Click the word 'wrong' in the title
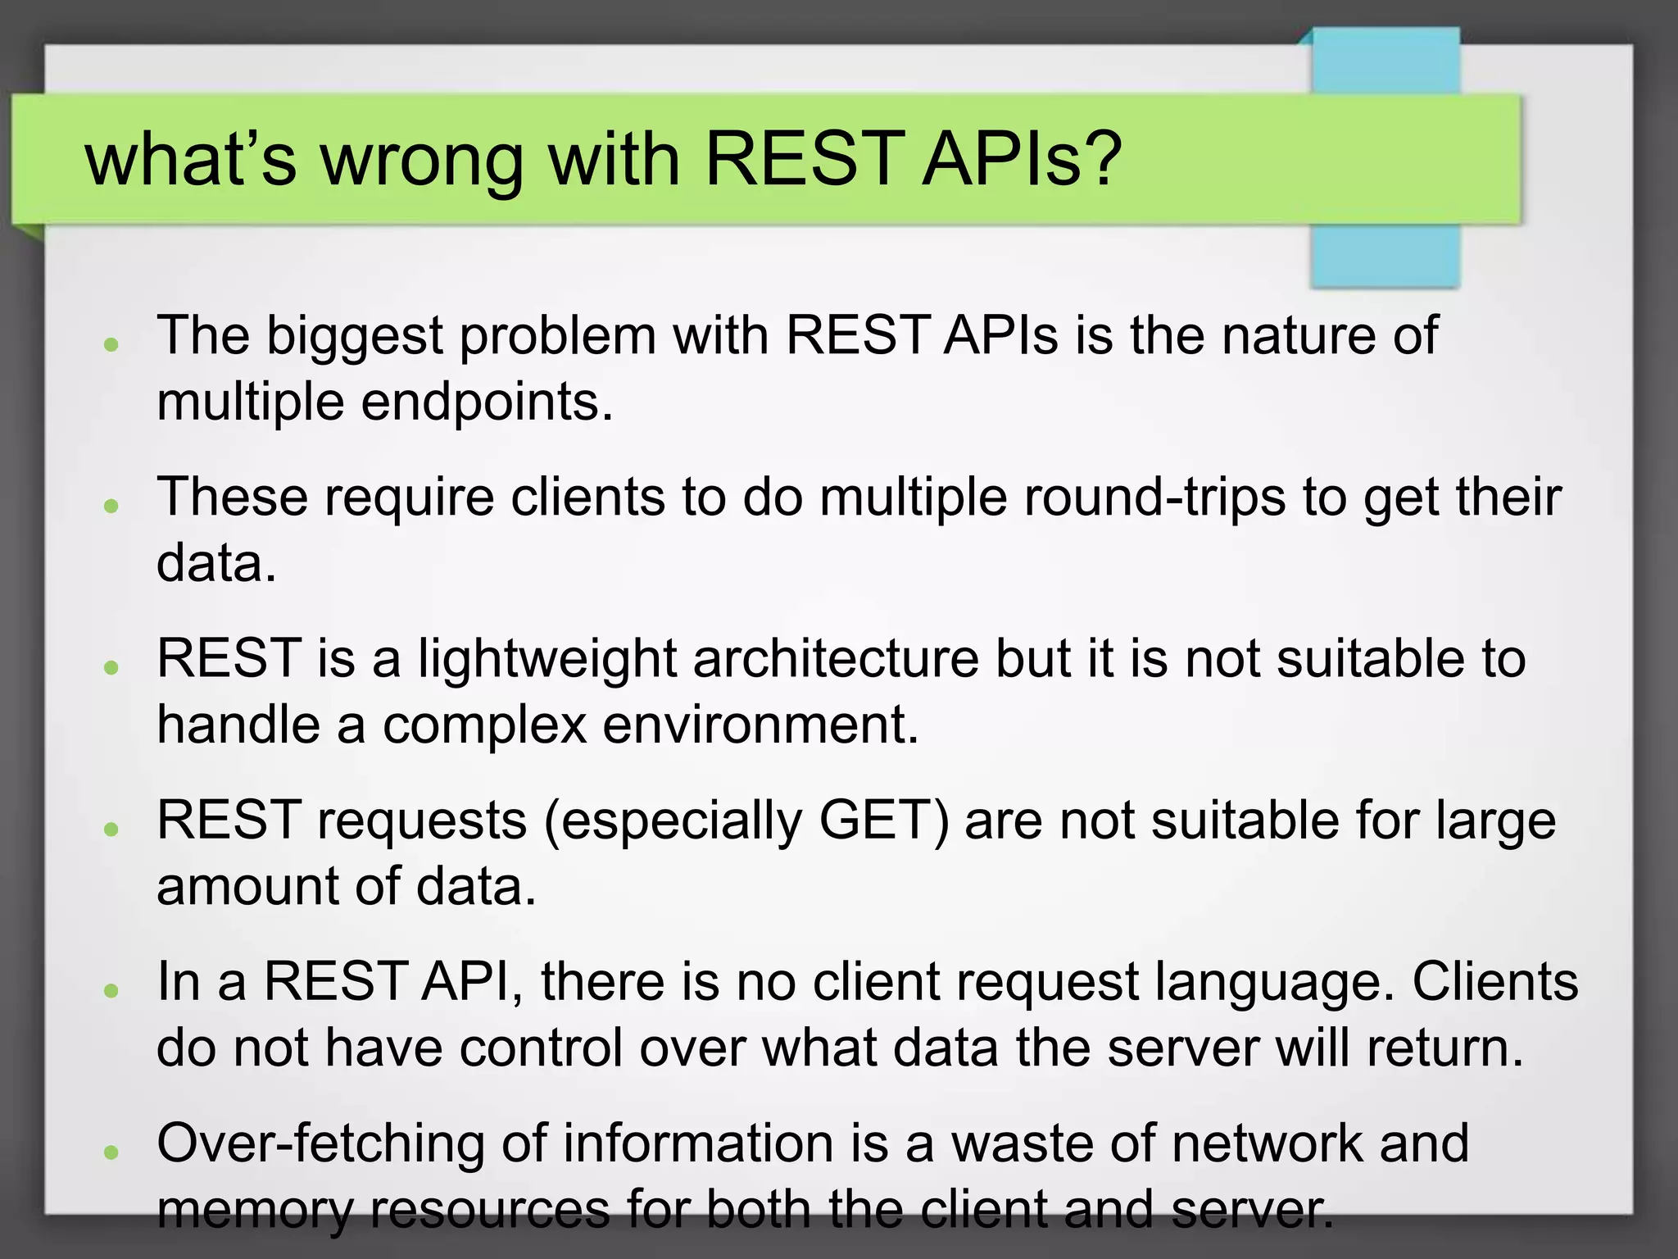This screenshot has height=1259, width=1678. (421, 160)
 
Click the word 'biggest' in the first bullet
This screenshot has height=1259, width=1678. (355, 337)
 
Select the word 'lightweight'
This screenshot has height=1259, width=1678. (547, 659)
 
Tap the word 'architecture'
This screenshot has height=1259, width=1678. (836, 659)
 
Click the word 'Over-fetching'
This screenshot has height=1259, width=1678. (320, 1143)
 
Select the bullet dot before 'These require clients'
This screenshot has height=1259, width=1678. (112, 506)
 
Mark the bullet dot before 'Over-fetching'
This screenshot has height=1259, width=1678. (112, 1152)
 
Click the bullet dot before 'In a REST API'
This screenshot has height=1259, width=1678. (112, 991)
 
